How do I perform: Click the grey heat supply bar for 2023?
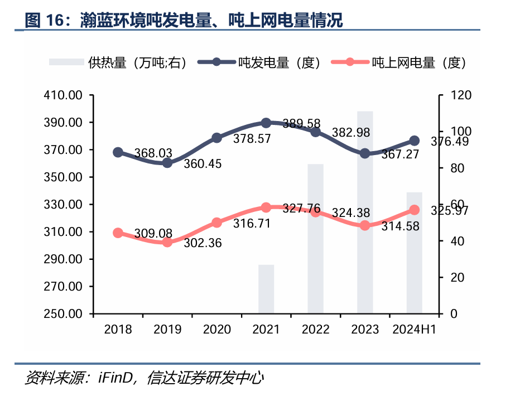[365, 212]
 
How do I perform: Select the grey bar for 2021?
[266, 289]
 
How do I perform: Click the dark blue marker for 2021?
[266, 123]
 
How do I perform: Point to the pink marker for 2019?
[167, 242]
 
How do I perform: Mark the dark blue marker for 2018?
[118, 152]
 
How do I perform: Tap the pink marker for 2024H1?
[415, 210]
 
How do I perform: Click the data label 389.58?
[301, 123]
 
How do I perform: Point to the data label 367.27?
[400, 154]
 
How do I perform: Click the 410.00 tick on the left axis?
[63, 95]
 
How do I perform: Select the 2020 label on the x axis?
[217, 329]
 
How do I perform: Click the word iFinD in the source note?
[117, 379]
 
